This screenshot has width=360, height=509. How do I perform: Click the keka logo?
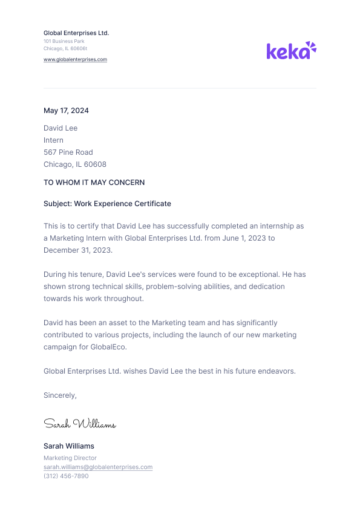click(291, 51)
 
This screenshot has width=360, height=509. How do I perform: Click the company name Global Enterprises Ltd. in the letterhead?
click(76, 33)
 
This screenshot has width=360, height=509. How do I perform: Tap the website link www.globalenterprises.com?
click(75, 59)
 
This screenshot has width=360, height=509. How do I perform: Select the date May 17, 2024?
click(66, 111)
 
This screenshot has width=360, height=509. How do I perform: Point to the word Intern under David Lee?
click(53, 140)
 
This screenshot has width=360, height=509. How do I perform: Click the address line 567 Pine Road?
click(68, 152)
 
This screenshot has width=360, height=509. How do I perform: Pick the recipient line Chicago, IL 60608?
click(75, 164)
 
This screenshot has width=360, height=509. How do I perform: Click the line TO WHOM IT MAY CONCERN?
click(94, 183)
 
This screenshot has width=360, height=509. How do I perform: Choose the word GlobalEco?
click(108, 347)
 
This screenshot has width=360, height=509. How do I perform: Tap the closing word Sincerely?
click(59, 395)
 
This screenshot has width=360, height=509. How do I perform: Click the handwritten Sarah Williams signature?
click(79, 424)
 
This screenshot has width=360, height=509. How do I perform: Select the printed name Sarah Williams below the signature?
click(69, 446)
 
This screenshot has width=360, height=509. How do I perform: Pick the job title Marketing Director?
click(70, 458)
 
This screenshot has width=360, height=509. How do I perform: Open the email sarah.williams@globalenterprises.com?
click(98, 467)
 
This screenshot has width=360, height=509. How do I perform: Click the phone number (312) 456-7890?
click(66, 476)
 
